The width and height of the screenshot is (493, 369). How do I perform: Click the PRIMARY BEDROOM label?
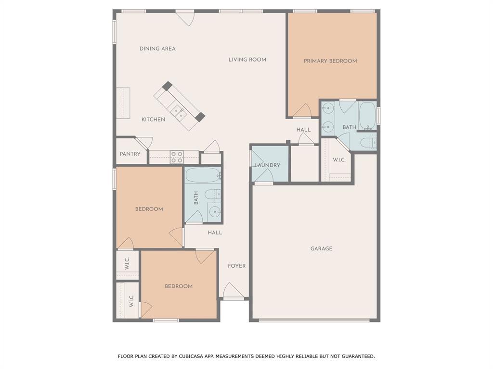[330, 61]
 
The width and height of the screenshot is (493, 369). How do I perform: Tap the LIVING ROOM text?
[247, 60]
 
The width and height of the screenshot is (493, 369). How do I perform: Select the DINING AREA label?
[157, 49]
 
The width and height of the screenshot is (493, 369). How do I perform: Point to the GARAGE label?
[321, 248]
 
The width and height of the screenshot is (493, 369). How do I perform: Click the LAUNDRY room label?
[267, 165]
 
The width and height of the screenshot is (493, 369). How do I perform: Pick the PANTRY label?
[130, 154]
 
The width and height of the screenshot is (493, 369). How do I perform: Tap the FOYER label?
[236, 266]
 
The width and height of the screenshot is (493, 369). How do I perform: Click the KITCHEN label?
[153, 119]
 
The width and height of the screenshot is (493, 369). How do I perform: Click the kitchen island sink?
[179, 112]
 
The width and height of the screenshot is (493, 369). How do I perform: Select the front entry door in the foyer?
[234, 291]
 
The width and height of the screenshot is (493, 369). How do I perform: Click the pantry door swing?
[144, 142]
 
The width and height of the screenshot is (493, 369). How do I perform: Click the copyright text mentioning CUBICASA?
[246, 357]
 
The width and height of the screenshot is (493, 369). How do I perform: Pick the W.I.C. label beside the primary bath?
[339, 160]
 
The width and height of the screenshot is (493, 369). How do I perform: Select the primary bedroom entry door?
[303, 111]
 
